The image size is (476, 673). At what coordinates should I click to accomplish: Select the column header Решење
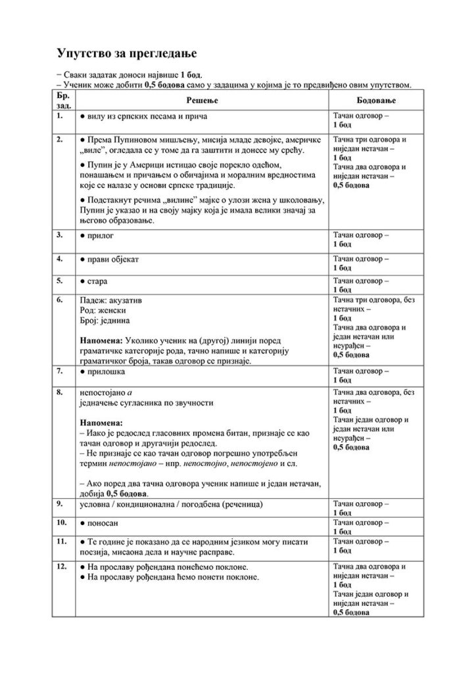pos(203,100)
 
